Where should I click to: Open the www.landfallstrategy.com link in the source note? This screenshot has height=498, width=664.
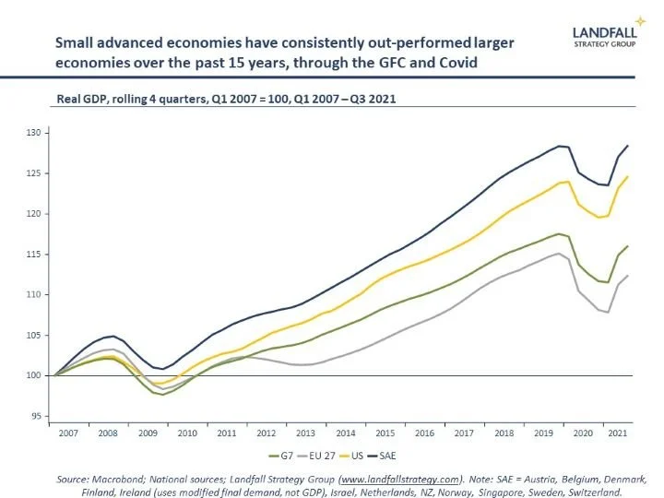coord(399,480)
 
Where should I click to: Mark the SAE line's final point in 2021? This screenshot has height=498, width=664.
coord(628,146)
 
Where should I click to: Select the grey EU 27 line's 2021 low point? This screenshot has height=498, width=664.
coord(609,312)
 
